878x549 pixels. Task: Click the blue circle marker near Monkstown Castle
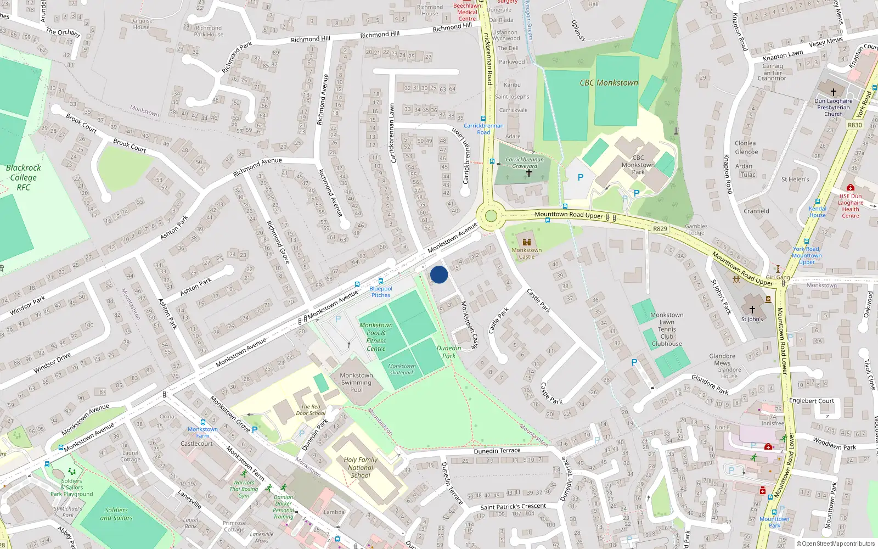(439, 274)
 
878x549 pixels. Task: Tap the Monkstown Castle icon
(527, 242)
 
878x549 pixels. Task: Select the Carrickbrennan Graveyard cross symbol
(529, 173)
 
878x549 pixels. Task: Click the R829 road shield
(660, 228)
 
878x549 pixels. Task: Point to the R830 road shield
(855, 125)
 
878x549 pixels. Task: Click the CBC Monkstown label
(609, 83)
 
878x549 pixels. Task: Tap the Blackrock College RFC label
(23, 177)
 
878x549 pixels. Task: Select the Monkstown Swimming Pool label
(356, 383)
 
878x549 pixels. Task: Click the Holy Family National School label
(361, 467)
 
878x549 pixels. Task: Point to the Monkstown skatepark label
(402, 369)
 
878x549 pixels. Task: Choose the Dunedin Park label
(449, 352)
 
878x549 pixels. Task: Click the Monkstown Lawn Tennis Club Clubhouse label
(667, 329)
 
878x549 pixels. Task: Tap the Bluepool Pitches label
(381, 292)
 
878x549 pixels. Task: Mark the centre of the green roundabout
(491, 216)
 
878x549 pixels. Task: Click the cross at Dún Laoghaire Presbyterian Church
(834, 92)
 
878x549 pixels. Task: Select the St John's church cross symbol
(752, 310)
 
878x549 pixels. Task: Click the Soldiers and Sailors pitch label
(116, 514)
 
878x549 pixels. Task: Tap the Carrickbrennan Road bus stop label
(483, 128)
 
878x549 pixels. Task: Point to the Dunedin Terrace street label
(497, 451)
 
